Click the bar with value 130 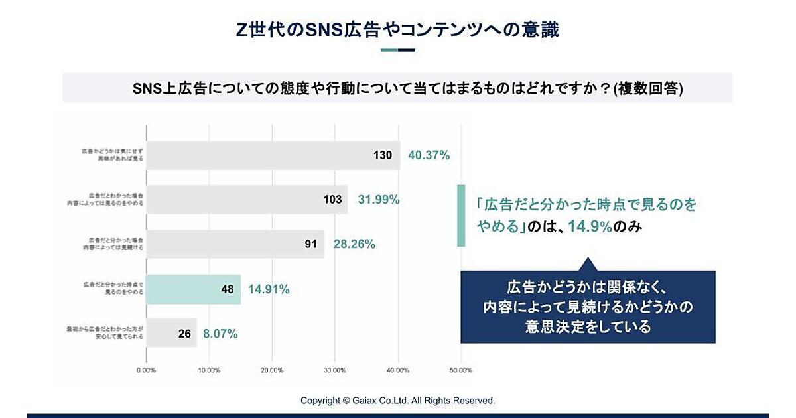(x=273, y=155)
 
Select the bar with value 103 (x=246, y=200)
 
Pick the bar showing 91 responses (x=235, y=244)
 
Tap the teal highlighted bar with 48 (x=193, y=289)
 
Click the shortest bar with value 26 (x=171, y=334)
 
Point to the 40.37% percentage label (x=429, y=155)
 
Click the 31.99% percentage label (x=379, y=200)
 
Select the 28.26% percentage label (x=354, y=244)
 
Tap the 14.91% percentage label (x=269, y=289)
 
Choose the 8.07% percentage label (x=221, y=334)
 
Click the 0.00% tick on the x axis (x=146, y=370)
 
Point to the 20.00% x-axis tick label (x=272, y=370)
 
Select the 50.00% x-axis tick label (x=461, y=370)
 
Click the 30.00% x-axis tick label (x=335, y=370)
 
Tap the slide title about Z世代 (x=398, y=29)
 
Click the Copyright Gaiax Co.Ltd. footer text (x=398, y=401)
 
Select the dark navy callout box (x=588, y=307)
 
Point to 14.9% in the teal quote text (x=590, y=227)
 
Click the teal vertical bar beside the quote (x=461, y=216)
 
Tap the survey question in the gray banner (x=398, y=88)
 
